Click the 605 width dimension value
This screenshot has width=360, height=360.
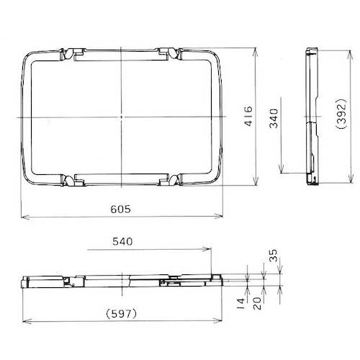point(121,209)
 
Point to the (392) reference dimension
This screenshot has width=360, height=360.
point(344,116)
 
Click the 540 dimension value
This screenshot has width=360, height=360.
point(123,243)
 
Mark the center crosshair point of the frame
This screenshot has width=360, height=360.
point(122,117)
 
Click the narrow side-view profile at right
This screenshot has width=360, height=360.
point(311,115)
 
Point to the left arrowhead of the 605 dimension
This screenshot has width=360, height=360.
point(22,216)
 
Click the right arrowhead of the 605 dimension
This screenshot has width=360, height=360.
point(222,216)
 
